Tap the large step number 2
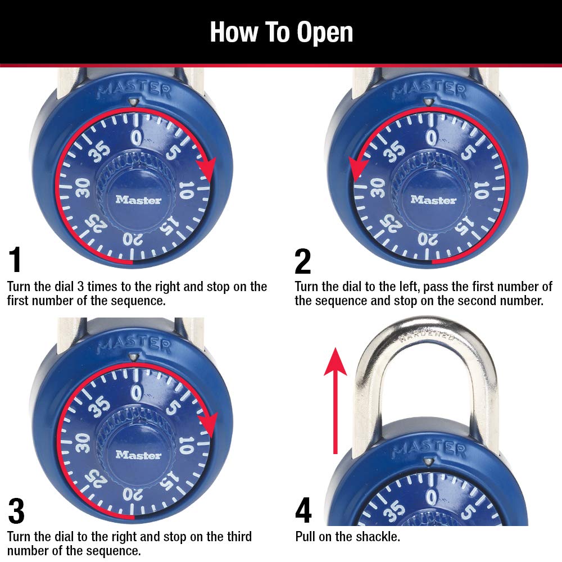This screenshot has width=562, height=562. click(302, 260)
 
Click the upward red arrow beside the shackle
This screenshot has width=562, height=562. click(336, 399)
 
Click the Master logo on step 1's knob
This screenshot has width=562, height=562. click(138, 200)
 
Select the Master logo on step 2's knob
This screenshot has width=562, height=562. click(433, 200)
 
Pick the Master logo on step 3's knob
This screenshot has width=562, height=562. click(138, 455)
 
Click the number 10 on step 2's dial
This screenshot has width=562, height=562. click(481, 190)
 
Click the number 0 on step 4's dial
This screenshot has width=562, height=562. click(431, 496)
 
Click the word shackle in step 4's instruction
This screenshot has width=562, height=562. click(379, 537)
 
